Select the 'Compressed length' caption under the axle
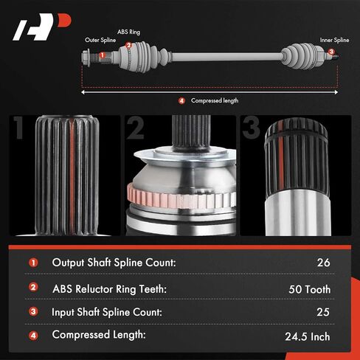[x=215, y=100]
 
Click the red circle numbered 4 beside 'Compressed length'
[x=181, y=100]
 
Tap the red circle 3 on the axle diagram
[x=331, y=52]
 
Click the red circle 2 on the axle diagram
[x=128, y=46]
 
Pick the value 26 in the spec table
[x=323, y=262]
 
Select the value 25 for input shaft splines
[x=323, y=312]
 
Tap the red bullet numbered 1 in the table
[x=33, y=263]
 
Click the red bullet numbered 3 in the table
[x=33, y=312]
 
